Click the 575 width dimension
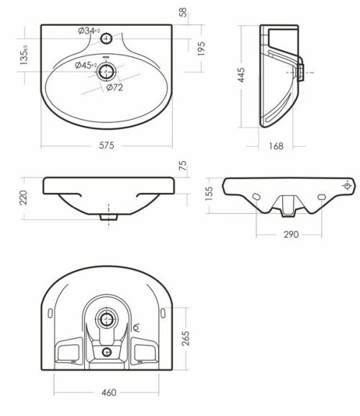point(107,145)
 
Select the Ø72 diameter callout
point(114,87)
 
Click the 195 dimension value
point(201,48)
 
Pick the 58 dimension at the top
point(183,12)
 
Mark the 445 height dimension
point(240,75)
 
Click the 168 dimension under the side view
point(276,146)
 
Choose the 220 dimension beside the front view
point(24,197)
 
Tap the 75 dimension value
point(183,166)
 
